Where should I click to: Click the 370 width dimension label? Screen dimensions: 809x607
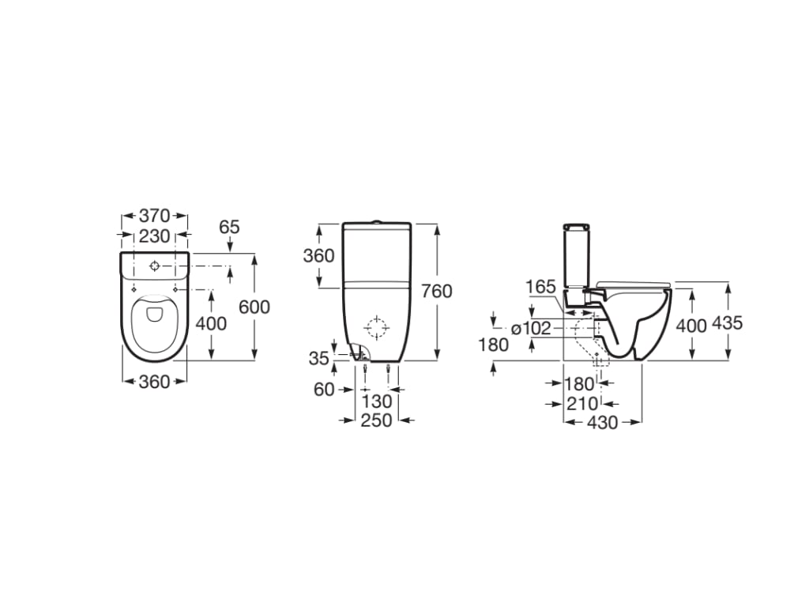[x=154, y=215]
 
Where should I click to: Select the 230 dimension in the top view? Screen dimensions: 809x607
[x=154, y=236]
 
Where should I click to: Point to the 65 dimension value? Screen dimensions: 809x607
[x=230, y=227]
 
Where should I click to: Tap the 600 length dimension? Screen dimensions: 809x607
[x=254, y=307]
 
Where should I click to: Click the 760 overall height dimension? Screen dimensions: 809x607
[x=436, y=291]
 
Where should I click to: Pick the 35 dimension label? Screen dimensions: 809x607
[x=319, y=358]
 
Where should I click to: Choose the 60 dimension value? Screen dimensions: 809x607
[x=324, y=389]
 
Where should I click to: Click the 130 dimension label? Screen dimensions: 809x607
[x=376, y=401]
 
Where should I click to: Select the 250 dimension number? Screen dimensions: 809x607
[x=376, y=420]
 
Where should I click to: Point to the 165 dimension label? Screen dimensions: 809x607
[x=540, y=286]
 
